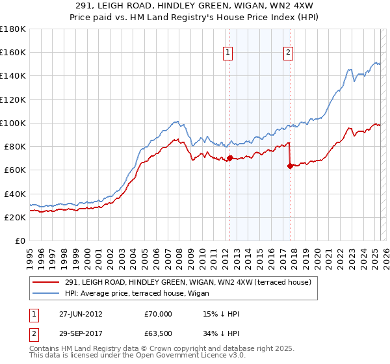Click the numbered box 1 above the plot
pyautogui.click(x=229, y=53)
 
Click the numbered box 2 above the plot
pyautogui.click(x=288, y=53)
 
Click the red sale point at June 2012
pyautogui.click(x=229, y=158)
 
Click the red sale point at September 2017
pyautogui.click(x=290, y=166)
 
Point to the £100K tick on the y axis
pyautogui.click(x=13, y=123)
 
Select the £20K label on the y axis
pyautogui.click(x=16, y=218)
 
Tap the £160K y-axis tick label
pyautogui.click(x=13, y=52)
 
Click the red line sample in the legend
pyautogui.click(x=45, y=282)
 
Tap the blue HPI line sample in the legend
pyautogui.click(x=45, y=292)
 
